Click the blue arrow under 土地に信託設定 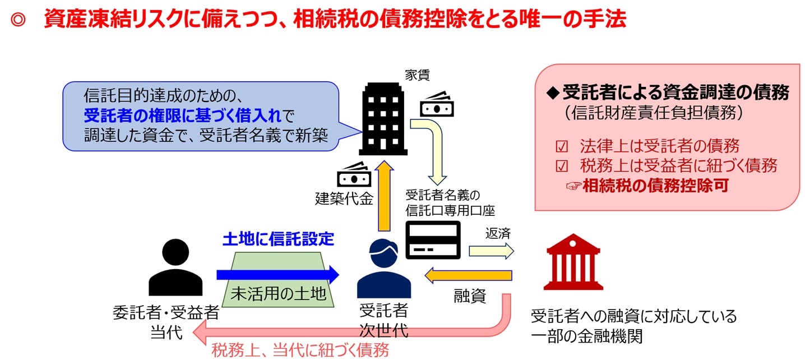(277, 275)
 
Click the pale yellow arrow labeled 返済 (491, 251)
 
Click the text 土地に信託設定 (278, 239)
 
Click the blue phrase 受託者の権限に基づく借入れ (181, 117)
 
